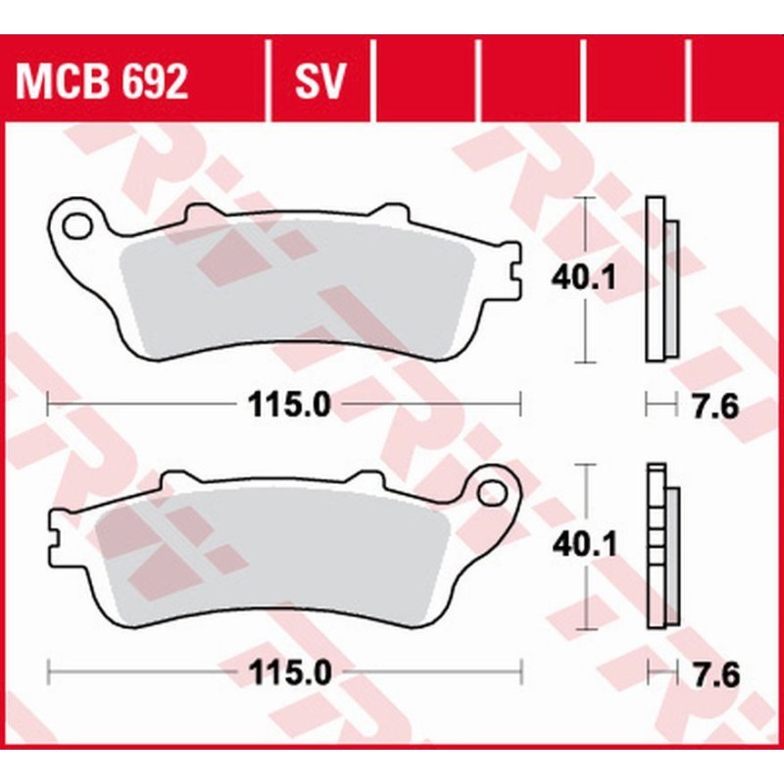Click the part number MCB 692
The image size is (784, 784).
(x=102, y=81)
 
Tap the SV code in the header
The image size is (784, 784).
(x=320, y=81)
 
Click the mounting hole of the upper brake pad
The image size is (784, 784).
(x=77, y=225)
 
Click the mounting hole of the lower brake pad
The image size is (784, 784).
(x=493, y=493)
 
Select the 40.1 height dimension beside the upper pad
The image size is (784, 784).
(x=583, y=277)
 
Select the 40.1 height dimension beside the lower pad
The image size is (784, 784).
(x=584, y=545)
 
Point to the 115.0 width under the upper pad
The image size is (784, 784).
(x=289, y=405)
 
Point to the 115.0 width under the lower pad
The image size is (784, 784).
(x=290, y=672)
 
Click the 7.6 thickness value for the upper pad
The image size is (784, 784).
(x=715, y=406)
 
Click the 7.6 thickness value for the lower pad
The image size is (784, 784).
(x=716, y=674)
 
